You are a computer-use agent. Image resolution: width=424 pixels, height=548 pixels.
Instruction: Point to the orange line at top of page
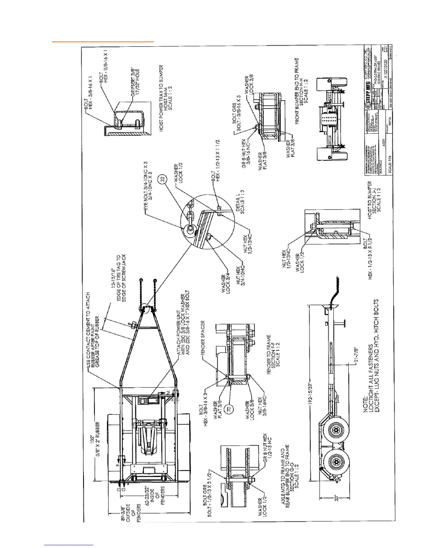click(103, 42)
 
